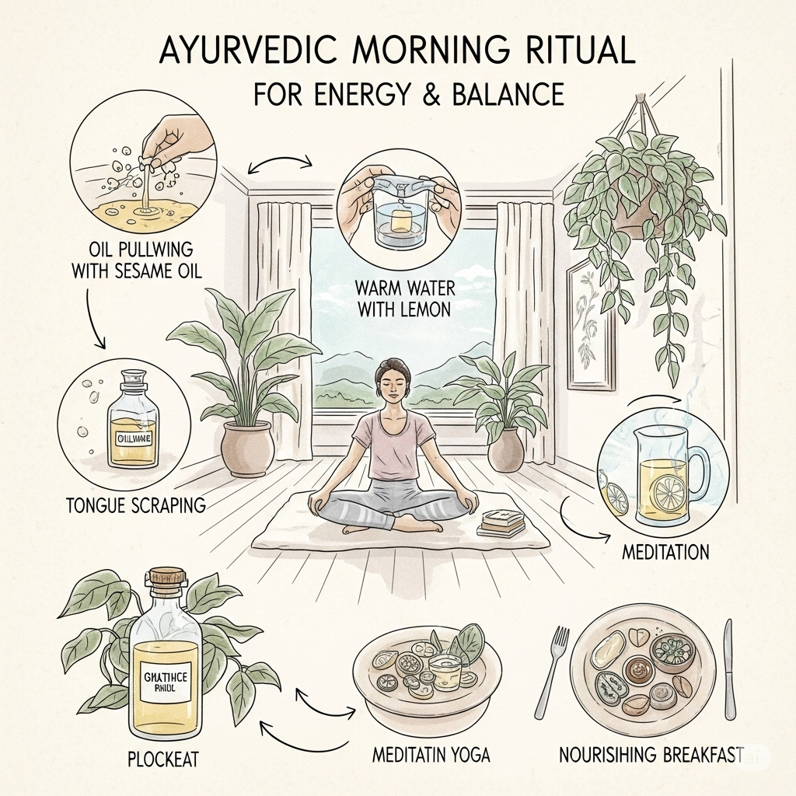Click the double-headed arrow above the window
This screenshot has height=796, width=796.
click(281, 164)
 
